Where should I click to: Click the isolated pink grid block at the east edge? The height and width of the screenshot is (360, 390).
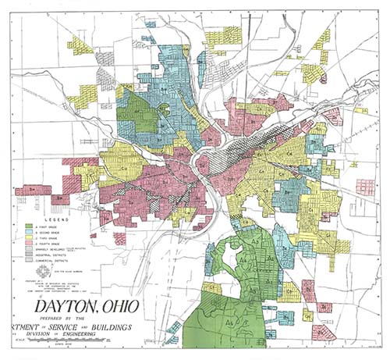click(364, 187)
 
